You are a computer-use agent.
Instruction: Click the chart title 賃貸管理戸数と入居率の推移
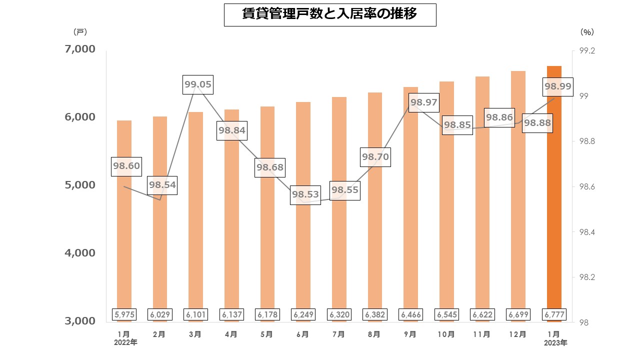pos(330,14)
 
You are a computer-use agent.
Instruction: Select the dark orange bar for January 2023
pos(554,200)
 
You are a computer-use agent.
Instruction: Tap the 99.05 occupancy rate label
pos(197,84)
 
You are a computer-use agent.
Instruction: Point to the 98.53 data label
pos(305,193)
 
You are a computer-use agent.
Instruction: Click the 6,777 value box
pos(554,314)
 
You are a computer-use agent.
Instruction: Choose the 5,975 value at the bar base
pos(124,314)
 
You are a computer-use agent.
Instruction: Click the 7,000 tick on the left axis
pos(79,49)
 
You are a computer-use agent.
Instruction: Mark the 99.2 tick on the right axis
pos(586,51)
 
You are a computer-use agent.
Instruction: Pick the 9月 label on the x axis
pos(410,334)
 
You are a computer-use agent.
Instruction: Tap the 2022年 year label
pos(125,343)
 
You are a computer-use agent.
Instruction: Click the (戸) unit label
pos(80,32)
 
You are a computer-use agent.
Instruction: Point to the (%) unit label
pos(587,32)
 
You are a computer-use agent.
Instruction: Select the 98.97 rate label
pos(423,102)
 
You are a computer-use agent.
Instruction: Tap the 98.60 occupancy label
pos(126,165)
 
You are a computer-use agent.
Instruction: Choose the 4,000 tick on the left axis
pos(79,252)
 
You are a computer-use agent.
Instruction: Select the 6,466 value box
pos(410,314)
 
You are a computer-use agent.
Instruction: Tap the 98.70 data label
pos(375,157)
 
